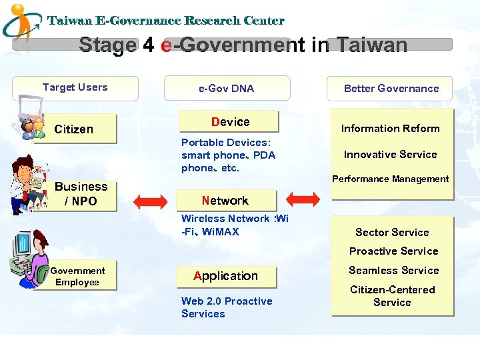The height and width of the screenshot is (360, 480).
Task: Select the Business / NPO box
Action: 81,195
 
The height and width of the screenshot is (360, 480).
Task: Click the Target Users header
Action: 75,87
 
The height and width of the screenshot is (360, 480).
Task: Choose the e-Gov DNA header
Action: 226,88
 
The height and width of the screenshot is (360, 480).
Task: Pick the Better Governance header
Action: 391,88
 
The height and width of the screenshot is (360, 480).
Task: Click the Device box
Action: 230,122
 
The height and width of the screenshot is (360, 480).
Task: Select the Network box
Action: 225,201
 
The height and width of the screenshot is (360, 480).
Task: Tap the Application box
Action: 225,276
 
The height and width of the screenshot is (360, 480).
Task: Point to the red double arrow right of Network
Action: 305,199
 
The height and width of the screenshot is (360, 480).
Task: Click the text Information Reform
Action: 391,129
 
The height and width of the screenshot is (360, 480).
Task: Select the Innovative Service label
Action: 391,155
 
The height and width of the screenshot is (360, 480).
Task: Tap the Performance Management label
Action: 391,179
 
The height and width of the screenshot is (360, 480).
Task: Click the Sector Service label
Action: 392,233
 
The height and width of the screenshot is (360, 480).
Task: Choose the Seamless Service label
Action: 393,271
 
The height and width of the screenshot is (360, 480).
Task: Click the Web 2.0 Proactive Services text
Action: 227,307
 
